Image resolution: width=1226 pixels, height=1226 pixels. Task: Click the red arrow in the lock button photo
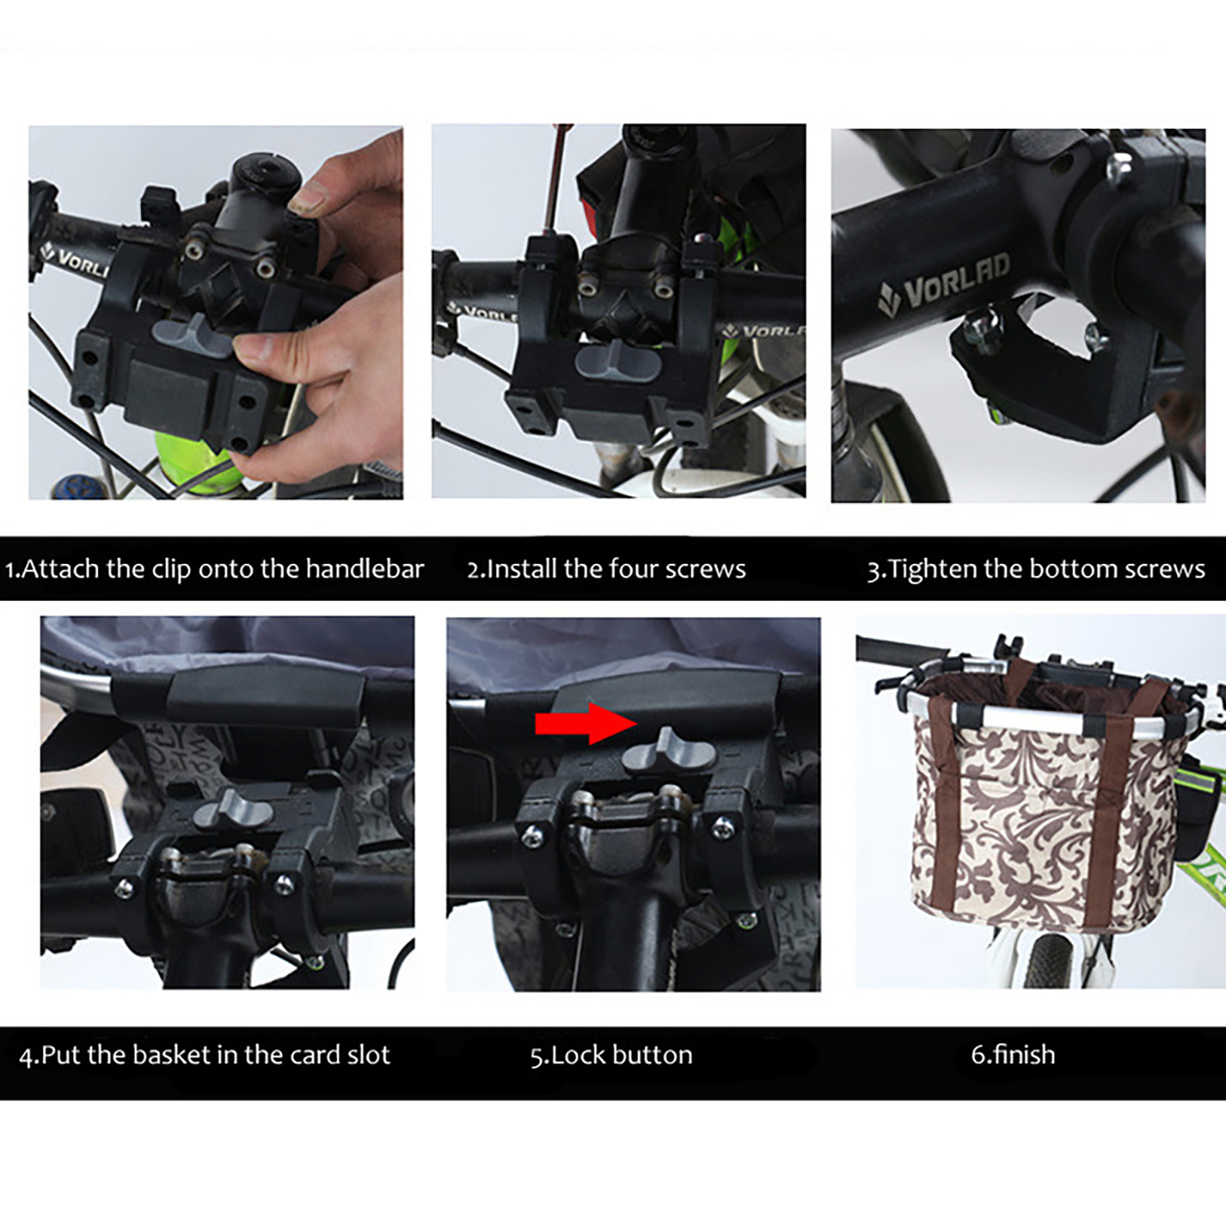click(x=586, y=723)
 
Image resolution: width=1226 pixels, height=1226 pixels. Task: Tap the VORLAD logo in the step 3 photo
click(x=944, y=285)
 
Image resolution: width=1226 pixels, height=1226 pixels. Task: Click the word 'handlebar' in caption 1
click(x=365, y=569)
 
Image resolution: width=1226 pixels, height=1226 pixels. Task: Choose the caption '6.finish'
click(x=1013, y=1055)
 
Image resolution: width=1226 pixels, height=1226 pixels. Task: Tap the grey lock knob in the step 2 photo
click(x=618, y=361)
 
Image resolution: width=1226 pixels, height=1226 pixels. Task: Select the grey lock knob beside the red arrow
click(x=667, y=751)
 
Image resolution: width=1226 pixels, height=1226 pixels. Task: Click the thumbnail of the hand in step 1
click(x=309, y=201)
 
